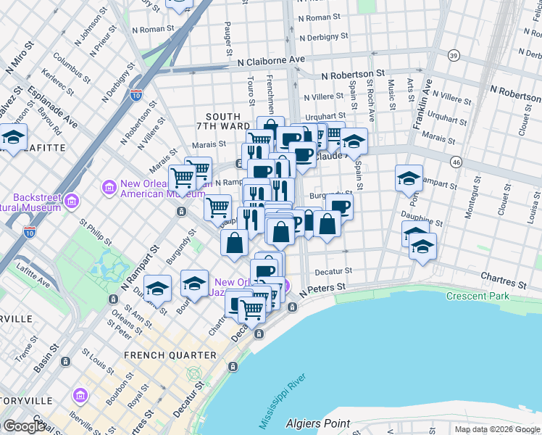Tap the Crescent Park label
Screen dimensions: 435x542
pos(478,297)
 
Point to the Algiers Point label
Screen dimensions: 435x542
pos(318,423)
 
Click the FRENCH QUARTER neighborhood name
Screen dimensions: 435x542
pos(170,355)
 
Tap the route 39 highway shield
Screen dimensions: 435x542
pos(454,55)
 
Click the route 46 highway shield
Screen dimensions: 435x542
pos(455,164)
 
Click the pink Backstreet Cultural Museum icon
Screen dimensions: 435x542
pos(71,199)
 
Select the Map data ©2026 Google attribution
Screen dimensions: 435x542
pos(497,429)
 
